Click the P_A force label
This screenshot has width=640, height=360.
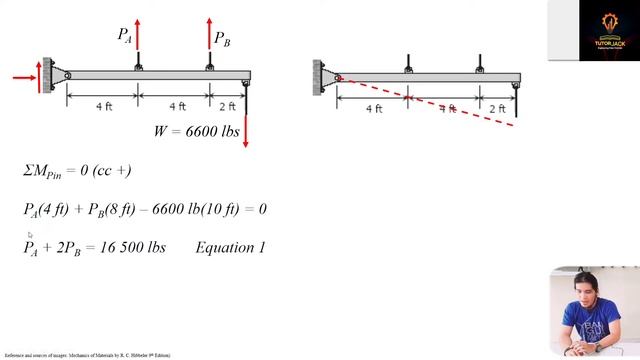[125, 35]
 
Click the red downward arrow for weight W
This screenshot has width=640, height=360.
[246, 131]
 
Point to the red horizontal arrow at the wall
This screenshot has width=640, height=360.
[24, 76]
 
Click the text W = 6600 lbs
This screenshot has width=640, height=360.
[194, 132]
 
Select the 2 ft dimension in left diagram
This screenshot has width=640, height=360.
[228, 106]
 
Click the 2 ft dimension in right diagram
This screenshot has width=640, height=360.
[497, 108]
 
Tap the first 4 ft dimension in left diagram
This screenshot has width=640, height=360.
[103, 106]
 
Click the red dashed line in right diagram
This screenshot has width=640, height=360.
[430, 102]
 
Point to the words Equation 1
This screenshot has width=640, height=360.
[231, 247]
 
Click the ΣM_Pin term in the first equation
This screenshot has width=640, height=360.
[44, 171]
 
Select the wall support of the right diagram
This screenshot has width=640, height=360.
[318, 75]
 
